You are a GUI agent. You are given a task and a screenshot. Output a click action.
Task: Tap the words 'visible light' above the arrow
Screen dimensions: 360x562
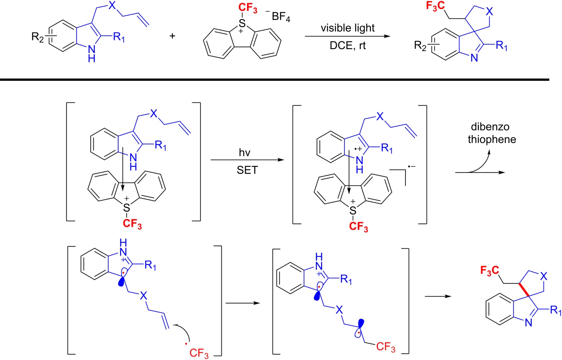point(347,28)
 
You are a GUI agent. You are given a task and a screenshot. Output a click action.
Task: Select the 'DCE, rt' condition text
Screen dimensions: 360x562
point(347,46)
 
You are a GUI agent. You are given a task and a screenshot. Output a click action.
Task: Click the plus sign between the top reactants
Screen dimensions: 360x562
point(172,36)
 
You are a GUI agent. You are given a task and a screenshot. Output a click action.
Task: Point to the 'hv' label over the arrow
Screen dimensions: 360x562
point(245,153)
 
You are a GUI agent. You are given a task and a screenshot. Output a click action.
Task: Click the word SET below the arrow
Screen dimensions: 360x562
point(247,170)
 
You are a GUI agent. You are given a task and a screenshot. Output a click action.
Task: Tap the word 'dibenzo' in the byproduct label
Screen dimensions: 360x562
point(490,127)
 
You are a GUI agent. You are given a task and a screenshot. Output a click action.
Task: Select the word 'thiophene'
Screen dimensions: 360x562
point(492,139)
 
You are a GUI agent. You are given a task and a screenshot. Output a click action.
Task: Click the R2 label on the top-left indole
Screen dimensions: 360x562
point(38,37)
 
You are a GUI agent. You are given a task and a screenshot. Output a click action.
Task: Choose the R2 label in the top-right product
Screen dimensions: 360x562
point(420,46)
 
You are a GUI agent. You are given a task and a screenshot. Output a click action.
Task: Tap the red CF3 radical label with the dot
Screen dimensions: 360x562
point(198,352)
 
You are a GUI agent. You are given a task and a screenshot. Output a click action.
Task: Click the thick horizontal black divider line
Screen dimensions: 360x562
point(274,80)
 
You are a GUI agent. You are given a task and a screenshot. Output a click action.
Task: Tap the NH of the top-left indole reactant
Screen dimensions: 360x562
point(91,54)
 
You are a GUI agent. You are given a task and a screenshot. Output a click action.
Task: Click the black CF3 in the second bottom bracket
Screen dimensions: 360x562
point(385,347)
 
